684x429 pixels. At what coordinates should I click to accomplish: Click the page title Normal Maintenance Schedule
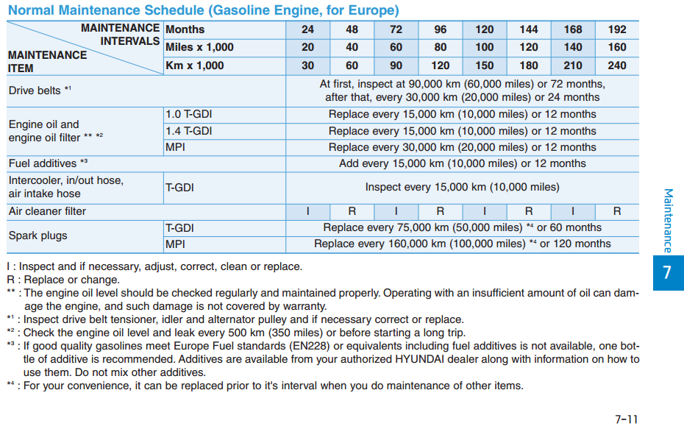pos(204,10)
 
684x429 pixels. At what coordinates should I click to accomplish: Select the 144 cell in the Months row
pos(528,29)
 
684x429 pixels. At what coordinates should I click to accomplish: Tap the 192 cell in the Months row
pos(617,29)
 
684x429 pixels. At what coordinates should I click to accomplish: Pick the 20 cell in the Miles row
pos(307,47)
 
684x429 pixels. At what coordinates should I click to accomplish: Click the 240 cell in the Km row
pos(617,65)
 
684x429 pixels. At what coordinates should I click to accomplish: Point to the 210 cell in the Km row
pos(572,65)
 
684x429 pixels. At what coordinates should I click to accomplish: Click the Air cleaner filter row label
pos(47,211)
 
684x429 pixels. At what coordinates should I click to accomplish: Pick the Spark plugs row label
pos(38,235)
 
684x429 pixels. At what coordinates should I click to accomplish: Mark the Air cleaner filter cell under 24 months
pos(307,211)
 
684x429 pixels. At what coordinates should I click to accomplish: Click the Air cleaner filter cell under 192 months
pos(617,211)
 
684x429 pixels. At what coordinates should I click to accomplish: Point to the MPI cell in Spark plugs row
pos(175,244)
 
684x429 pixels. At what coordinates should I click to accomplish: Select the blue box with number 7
pos(667,272)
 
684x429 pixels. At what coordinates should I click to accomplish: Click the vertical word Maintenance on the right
pos(668,221)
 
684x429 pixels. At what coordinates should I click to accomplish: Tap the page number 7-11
pos(626,419)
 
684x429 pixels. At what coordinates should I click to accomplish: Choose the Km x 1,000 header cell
pos(195,65)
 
